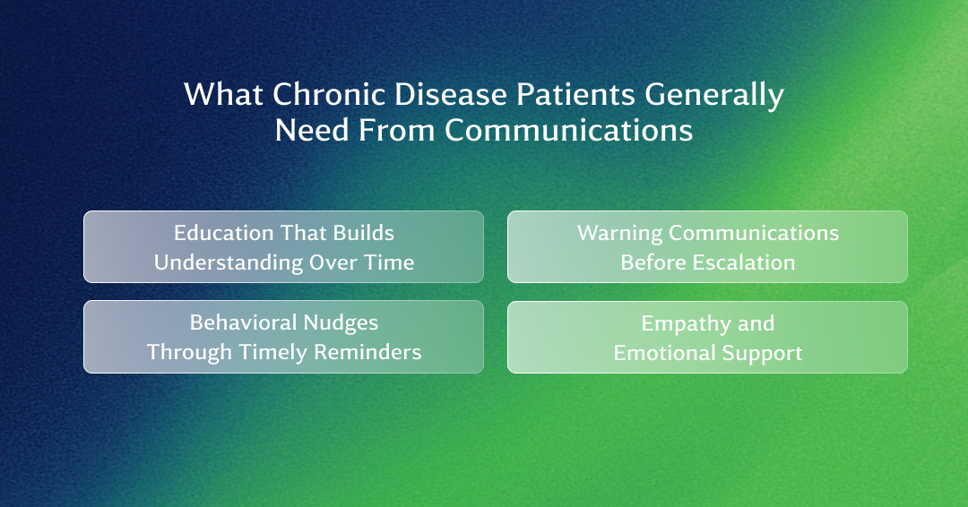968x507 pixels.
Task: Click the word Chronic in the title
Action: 329,94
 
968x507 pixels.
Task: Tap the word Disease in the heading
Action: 451,94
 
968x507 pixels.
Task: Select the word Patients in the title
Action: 575,94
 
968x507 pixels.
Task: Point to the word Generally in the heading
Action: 714,96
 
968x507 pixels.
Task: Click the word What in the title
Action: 223,94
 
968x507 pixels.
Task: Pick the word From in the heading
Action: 397,130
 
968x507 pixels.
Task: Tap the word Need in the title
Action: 313,130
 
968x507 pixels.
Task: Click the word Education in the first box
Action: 223,233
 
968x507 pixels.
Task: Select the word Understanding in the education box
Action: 227,263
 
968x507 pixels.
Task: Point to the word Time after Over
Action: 388,262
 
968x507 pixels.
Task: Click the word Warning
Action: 619,234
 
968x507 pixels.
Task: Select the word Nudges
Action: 341,323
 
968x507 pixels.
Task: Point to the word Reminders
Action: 368,352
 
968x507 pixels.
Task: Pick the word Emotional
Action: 664,354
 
